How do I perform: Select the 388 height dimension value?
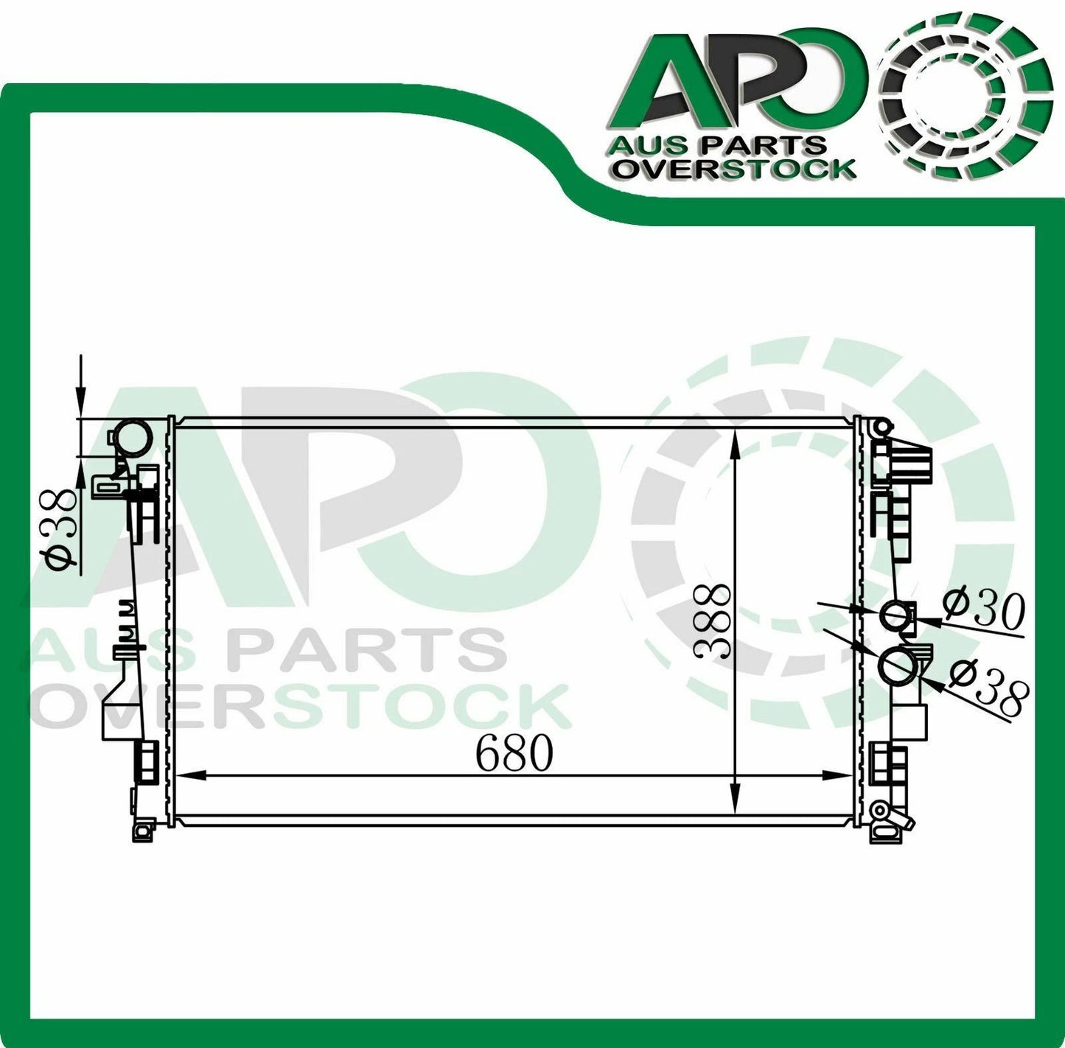point(712,621)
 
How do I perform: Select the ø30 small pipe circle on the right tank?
point(893,615)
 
